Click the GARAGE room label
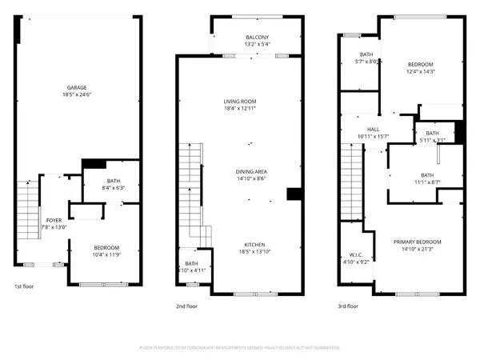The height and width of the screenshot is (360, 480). (x=77, y=87)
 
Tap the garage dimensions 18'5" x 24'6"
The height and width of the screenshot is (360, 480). (x=77, y=94)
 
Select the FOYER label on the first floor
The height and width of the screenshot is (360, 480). (x=54, y=219)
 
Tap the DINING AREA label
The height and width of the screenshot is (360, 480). (x=250, y=171)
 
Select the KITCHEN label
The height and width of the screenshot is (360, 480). (x=255, y=245)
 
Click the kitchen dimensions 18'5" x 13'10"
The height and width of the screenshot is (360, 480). (x=255, y=252)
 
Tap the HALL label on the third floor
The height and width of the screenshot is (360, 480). (x=373, y=129)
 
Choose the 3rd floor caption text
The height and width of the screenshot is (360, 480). (x=347, y=306)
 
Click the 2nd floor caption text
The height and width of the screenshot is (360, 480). (x=186, y=306)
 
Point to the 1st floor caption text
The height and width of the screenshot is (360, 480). (x=24, y=286)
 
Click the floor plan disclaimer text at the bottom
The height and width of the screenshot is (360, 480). (x=240, y=347)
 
